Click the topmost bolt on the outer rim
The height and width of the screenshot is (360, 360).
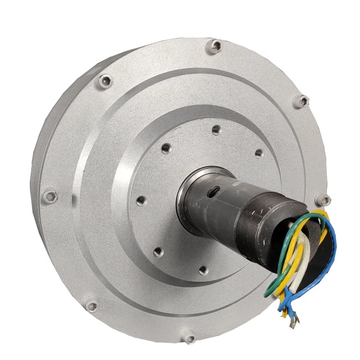click(216, 46)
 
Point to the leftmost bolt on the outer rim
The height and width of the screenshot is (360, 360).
click(48, 195)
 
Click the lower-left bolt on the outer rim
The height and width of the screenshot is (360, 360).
click(90, 304)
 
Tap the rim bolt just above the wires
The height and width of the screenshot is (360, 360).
click(325, 200)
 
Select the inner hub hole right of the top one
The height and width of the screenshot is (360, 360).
click(259, 154)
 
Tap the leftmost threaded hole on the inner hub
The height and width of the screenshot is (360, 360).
click(141, 200)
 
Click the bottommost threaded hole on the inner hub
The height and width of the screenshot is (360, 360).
click(203, 271)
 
